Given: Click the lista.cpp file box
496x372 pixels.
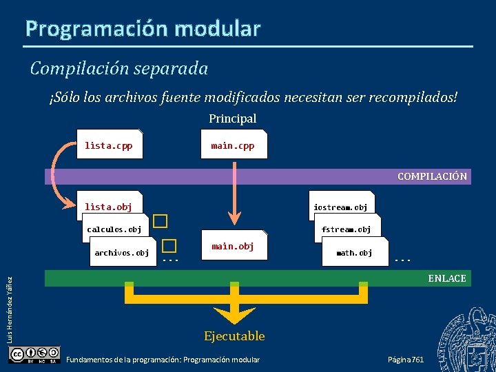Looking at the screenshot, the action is (110, 145).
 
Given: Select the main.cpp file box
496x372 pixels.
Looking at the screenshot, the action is (232, 145).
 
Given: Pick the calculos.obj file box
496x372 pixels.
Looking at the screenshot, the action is (114, 229).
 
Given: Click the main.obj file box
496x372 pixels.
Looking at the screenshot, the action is (233, 246).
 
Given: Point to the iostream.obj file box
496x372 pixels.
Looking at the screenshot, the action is (340, 206).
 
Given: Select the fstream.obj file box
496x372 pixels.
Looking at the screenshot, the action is (346, 229).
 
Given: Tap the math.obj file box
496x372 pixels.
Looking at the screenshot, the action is (354, 253).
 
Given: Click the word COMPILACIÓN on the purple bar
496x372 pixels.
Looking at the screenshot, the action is (432, 176).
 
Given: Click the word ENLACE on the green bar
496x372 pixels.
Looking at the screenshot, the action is (447, 278).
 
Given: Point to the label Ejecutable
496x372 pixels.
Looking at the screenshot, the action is (234, 336).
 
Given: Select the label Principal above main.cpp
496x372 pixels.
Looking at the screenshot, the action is (233, 118).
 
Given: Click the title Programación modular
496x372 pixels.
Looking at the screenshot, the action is (143, 28).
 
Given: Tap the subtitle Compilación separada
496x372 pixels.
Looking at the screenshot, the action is (119, 68).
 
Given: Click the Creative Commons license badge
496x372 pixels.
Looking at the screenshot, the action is (34, 355).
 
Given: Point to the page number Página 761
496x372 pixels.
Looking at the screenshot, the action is (406, 360).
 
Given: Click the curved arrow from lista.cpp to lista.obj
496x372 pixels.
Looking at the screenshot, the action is (56, 172).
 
